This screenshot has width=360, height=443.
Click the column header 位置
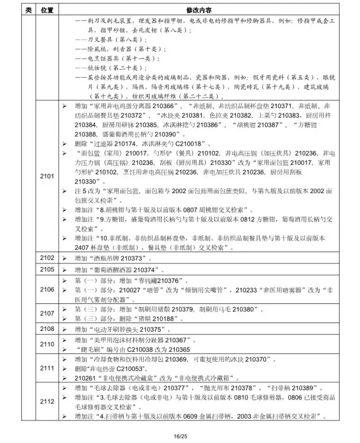pos(47,10)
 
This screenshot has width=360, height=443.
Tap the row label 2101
pos(47,176)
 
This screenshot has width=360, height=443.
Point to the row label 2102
pos(47,258)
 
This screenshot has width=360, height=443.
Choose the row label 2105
pos(47,270)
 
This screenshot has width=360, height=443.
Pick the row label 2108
pos(47,329)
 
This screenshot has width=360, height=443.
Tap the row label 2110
pos(47,344)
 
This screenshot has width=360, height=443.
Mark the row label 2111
pos(47,368)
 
